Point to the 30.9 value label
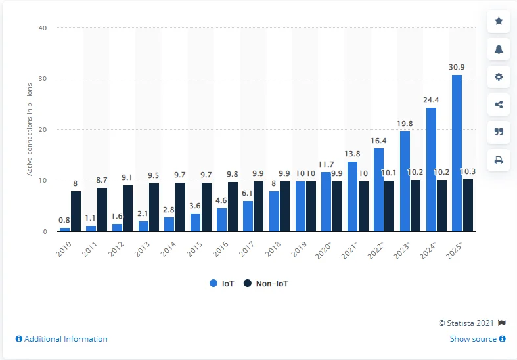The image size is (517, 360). (x=457, y=68)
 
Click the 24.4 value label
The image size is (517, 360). (x=432, y=101)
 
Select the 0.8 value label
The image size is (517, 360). (x=64, y=221)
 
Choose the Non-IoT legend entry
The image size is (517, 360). (x=267, y=284)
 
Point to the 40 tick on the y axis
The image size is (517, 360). (x=43, y=28)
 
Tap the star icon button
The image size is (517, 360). (x=499, y=21)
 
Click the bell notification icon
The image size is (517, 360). (x=499, y=49)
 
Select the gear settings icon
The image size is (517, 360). (x=499, y=76)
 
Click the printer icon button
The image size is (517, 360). (x=499, y=159)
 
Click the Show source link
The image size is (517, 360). (x=477, y=339)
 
